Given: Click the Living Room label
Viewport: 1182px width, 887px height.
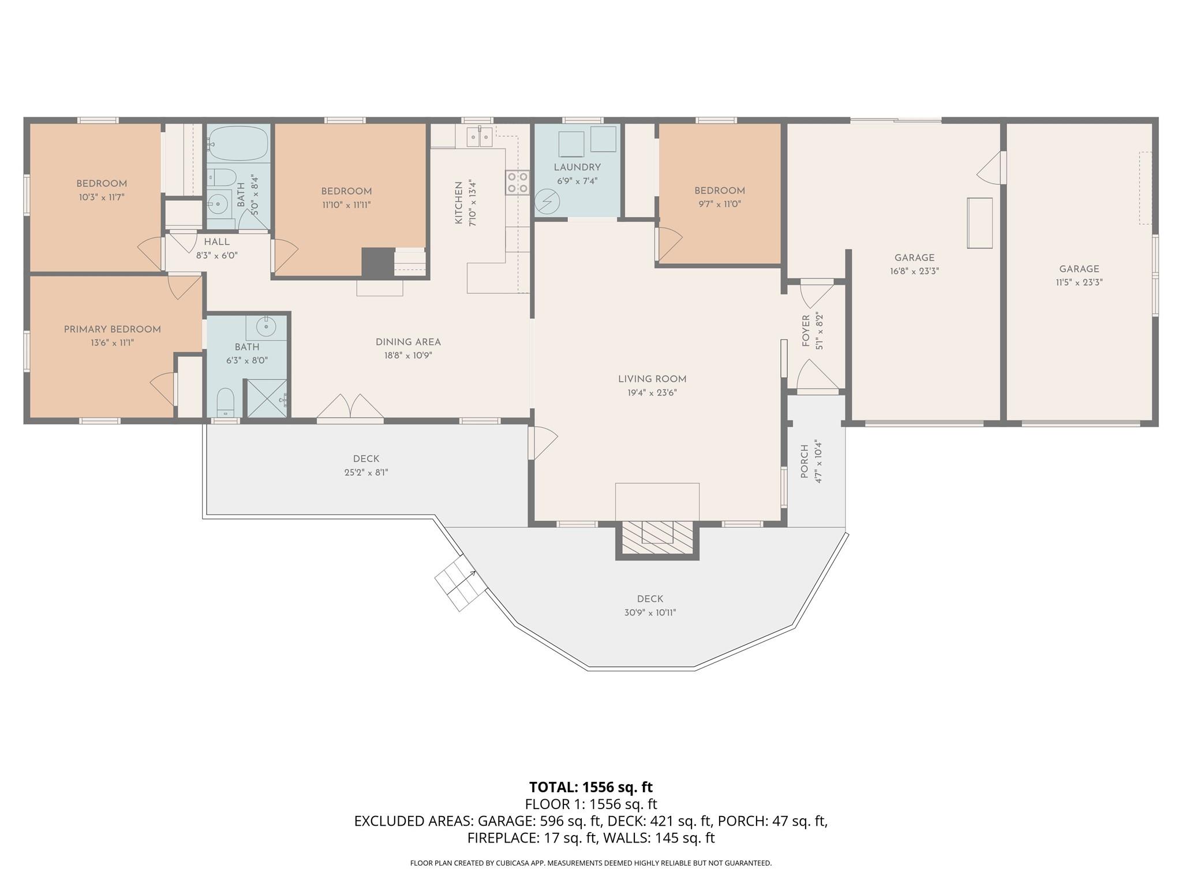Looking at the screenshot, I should coord(652,379).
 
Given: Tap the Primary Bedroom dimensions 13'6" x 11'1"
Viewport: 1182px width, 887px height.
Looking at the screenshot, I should coord(112,343).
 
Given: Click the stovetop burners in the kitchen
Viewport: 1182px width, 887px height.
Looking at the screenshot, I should coord(517,182).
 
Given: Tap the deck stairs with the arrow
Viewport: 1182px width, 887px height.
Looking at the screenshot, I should coord(460,583).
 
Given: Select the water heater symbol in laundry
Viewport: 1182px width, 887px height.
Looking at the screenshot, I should coord(547,202).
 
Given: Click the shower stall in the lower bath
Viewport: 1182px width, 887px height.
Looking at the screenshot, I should coord(267,398).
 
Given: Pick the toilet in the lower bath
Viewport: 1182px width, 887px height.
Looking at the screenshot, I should coord(225,401).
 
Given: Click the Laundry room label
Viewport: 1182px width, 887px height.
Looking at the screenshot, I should coord(577,167).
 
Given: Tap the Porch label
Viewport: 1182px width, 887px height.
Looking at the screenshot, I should coord(805,461).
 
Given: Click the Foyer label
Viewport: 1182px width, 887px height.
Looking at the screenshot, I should coord(806,331).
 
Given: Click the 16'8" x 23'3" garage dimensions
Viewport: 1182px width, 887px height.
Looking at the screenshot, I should coord(914,271).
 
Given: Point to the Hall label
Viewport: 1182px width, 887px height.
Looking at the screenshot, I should coord(216,242).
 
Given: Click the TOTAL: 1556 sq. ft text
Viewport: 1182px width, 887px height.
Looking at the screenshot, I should coord(590,787).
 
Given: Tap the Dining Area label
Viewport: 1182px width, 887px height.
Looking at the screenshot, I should coord(408,342).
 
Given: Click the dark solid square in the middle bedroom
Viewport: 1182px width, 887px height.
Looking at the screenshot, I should coord(377,263).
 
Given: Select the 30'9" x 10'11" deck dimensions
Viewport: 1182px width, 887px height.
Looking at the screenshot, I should coord(650,613).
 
